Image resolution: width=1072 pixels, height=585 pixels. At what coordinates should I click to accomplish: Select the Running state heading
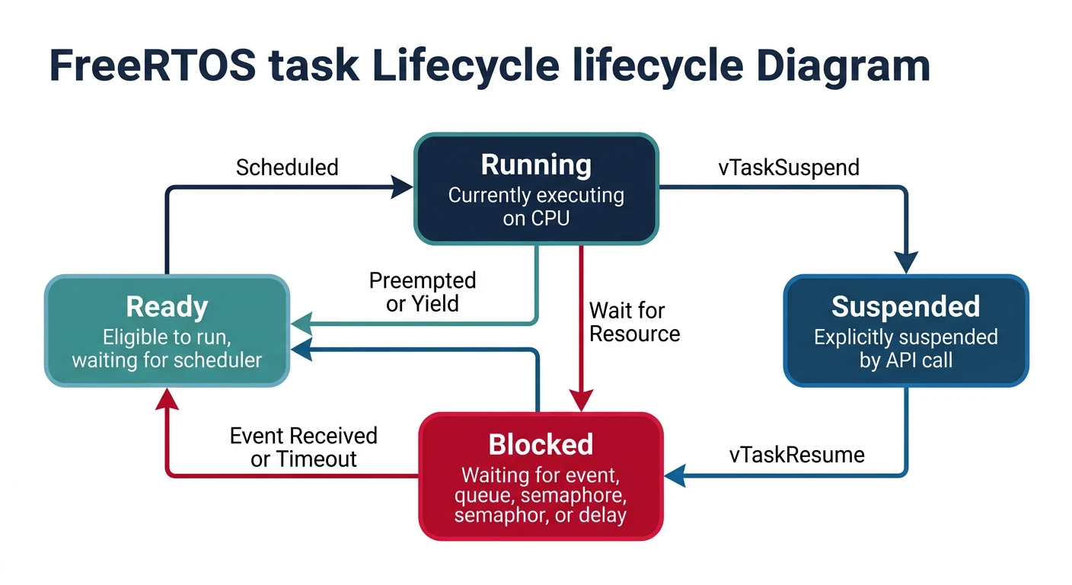pyautogui.click(x=536, y=165)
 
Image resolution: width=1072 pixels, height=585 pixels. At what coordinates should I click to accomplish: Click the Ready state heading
pyautogui.click(x=167, y=306)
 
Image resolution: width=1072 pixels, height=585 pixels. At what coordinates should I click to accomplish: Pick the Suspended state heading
pyautogui.click(x=905, y=306)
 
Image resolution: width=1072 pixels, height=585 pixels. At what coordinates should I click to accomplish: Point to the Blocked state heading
pyautogui.click(x=541, y=444)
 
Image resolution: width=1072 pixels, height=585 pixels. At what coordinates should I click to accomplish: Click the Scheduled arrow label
pyautogui.click(x=287, y=168)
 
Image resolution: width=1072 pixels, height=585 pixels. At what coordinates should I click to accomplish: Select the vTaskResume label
pyautogui.click(x=796, y=455)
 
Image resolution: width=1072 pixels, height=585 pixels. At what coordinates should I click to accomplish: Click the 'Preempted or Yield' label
pyautogui.click(x=422, y=292)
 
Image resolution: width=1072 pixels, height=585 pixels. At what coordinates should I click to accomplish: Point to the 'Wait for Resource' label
pyautogui.click(x=633, y=321)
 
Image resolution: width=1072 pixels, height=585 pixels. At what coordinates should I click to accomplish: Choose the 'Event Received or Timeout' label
pyautogui.click(x=303, y=447)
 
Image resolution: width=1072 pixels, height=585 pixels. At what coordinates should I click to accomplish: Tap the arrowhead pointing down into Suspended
pyautogui.click(x=905, y=264)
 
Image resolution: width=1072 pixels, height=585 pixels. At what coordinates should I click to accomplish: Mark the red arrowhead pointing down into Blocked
pyautogui.click(x=581, y=401)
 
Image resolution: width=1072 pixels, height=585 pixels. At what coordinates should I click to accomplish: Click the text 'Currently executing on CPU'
pyautogui.click(x=536, y=206)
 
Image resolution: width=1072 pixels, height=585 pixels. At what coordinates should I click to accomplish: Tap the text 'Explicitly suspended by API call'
pyautogui.click(x=905, y=348)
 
